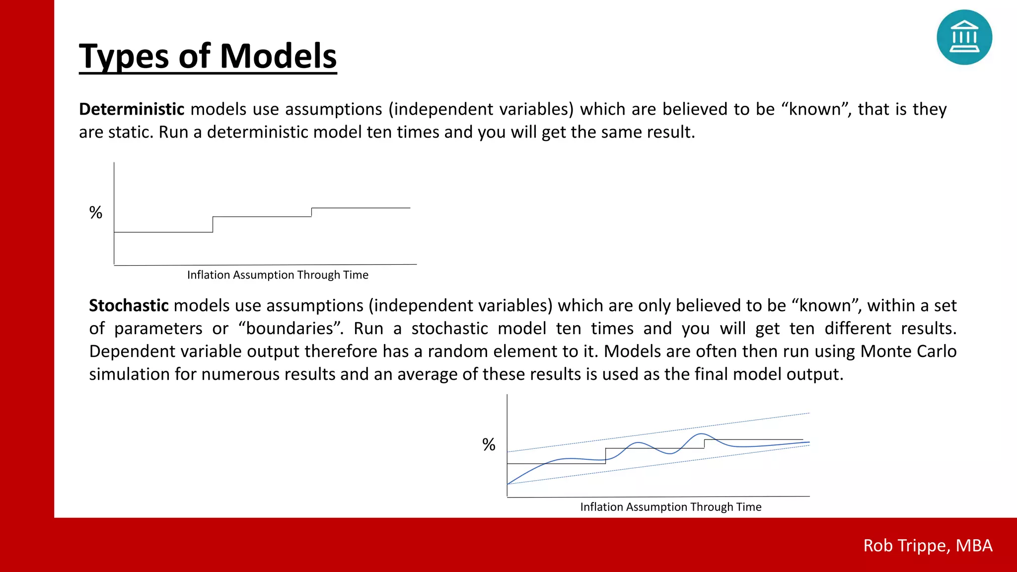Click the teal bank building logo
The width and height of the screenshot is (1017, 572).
click(x=964, y=37)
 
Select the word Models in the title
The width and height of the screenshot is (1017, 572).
click(x=278, y=56)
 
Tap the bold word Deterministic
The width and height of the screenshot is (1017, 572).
click(x=132, y=109)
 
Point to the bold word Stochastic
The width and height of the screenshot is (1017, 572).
click(x=129, y=305)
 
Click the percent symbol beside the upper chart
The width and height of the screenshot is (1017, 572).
click(x=96, y=213)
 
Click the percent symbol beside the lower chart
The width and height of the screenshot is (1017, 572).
click(x=489, y=444)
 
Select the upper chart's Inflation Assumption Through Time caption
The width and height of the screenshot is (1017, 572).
click(x=278, y=275)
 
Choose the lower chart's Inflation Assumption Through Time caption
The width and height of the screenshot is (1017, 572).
click(x=670, y=507)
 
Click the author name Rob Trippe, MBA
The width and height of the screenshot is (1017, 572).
click(x=928, y=545)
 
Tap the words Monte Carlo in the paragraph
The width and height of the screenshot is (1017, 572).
click(x=908, y=351)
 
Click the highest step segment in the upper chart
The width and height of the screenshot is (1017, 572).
click(x=361, y=208)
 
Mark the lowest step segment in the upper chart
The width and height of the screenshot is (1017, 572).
click(x=163, y=232)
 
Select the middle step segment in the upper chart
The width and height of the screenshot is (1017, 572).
click(x=262, y=216)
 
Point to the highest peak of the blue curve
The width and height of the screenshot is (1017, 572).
click(x=701, y=434)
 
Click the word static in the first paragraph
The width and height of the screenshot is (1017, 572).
click(x=130, y=132)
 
